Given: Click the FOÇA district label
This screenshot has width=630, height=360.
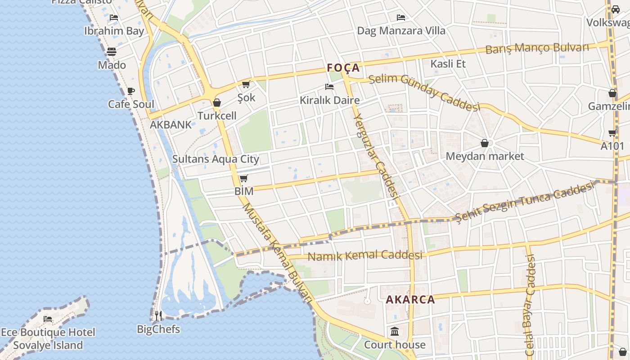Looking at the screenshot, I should (343, 68).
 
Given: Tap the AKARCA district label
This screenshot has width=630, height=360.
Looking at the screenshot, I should (410, 300).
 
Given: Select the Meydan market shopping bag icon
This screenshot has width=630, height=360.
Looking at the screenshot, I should (485, 144).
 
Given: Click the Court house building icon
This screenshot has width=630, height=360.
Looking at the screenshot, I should (395, 332).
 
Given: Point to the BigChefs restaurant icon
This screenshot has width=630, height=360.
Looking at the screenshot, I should (158, 316).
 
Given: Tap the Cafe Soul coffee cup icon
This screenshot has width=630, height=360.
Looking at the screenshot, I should (130, 91).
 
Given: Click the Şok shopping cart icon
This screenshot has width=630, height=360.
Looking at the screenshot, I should (246, 84).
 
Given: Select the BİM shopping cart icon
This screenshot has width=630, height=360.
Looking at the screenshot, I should (243, 178).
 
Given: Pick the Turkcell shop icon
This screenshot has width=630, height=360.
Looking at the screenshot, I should (217, 103).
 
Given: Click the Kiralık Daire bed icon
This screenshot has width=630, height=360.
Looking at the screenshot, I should (329, 87).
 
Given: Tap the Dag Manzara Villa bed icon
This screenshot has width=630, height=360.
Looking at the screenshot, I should (401, 18).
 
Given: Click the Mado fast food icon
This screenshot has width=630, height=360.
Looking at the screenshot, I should (112, 52).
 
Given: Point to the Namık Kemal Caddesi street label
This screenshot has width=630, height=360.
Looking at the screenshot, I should (365, 256).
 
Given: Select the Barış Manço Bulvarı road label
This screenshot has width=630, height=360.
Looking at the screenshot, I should (537, 48).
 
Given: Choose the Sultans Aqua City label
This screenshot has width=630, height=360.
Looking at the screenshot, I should (216, 159).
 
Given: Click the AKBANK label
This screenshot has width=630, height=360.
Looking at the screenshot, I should (171, 125).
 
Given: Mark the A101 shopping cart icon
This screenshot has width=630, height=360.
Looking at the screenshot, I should (612, 133).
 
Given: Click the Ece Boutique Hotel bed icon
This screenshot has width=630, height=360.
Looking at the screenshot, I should (48, 319).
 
